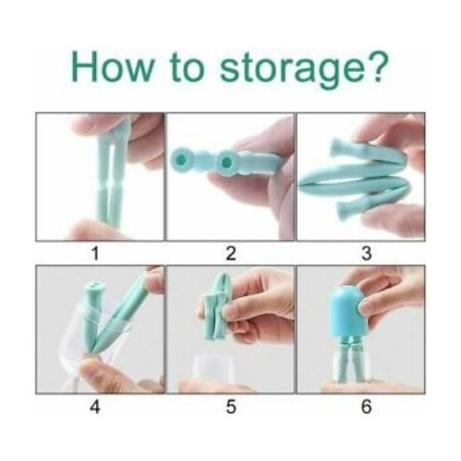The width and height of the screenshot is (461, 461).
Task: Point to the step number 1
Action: click(x=100, y=252)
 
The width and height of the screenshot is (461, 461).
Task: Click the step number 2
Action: click(x=230, y=252)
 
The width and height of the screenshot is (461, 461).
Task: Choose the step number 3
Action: click(x=361, y=252)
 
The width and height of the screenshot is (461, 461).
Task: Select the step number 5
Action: click(x=230, y=406)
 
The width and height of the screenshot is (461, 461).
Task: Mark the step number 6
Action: click(x=361, y=406)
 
